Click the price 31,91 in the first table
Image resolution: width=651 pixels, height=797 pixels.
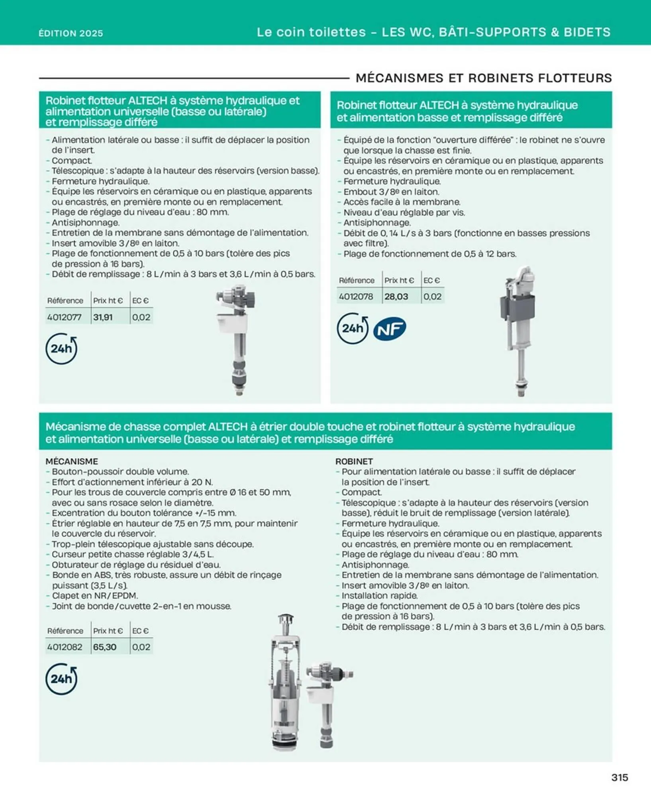click(x=103, y=317)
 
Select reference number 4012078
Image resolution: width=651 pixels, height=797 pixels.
click(x=356, y=296)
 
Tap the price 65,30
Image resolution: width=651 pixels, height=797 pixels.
click(x=105, y=647)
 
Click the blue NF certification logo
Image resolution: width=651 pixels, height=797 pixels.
click(x=389, y=329)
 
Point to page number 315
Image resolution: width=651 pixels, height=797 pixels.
click(x=620, y=777)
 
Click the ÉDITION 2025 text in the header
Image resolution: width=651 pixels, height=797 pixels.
click(x=71, y=33)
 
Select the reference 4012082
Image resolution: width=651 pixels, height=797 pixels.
click(x=64, y=647)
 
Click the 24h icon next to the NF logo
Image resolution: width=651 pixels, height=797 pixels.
click(x=353, y=329)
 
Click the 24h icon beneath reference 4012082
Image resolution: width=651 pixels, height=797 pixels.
click(x=61, y=679)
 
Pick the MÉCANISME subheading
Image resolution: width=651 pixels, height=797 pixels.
click(x=72, y=461)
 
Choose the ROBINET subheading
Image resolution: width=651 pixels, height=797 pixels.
click(x=354, y=461)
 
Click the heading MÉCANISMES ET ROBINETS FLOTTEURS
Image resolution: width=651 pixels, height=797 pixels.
click(x=483, y=78)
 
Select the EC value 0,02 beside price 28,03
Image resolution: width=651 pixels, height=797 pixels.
click(x=432, y=296)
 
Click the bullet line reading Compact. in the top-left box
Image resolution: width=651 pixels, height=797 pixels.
click(x=72, y=161)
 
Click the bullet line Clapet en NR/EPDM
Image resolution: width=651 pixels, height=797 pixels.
click(x=95, y=596)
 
